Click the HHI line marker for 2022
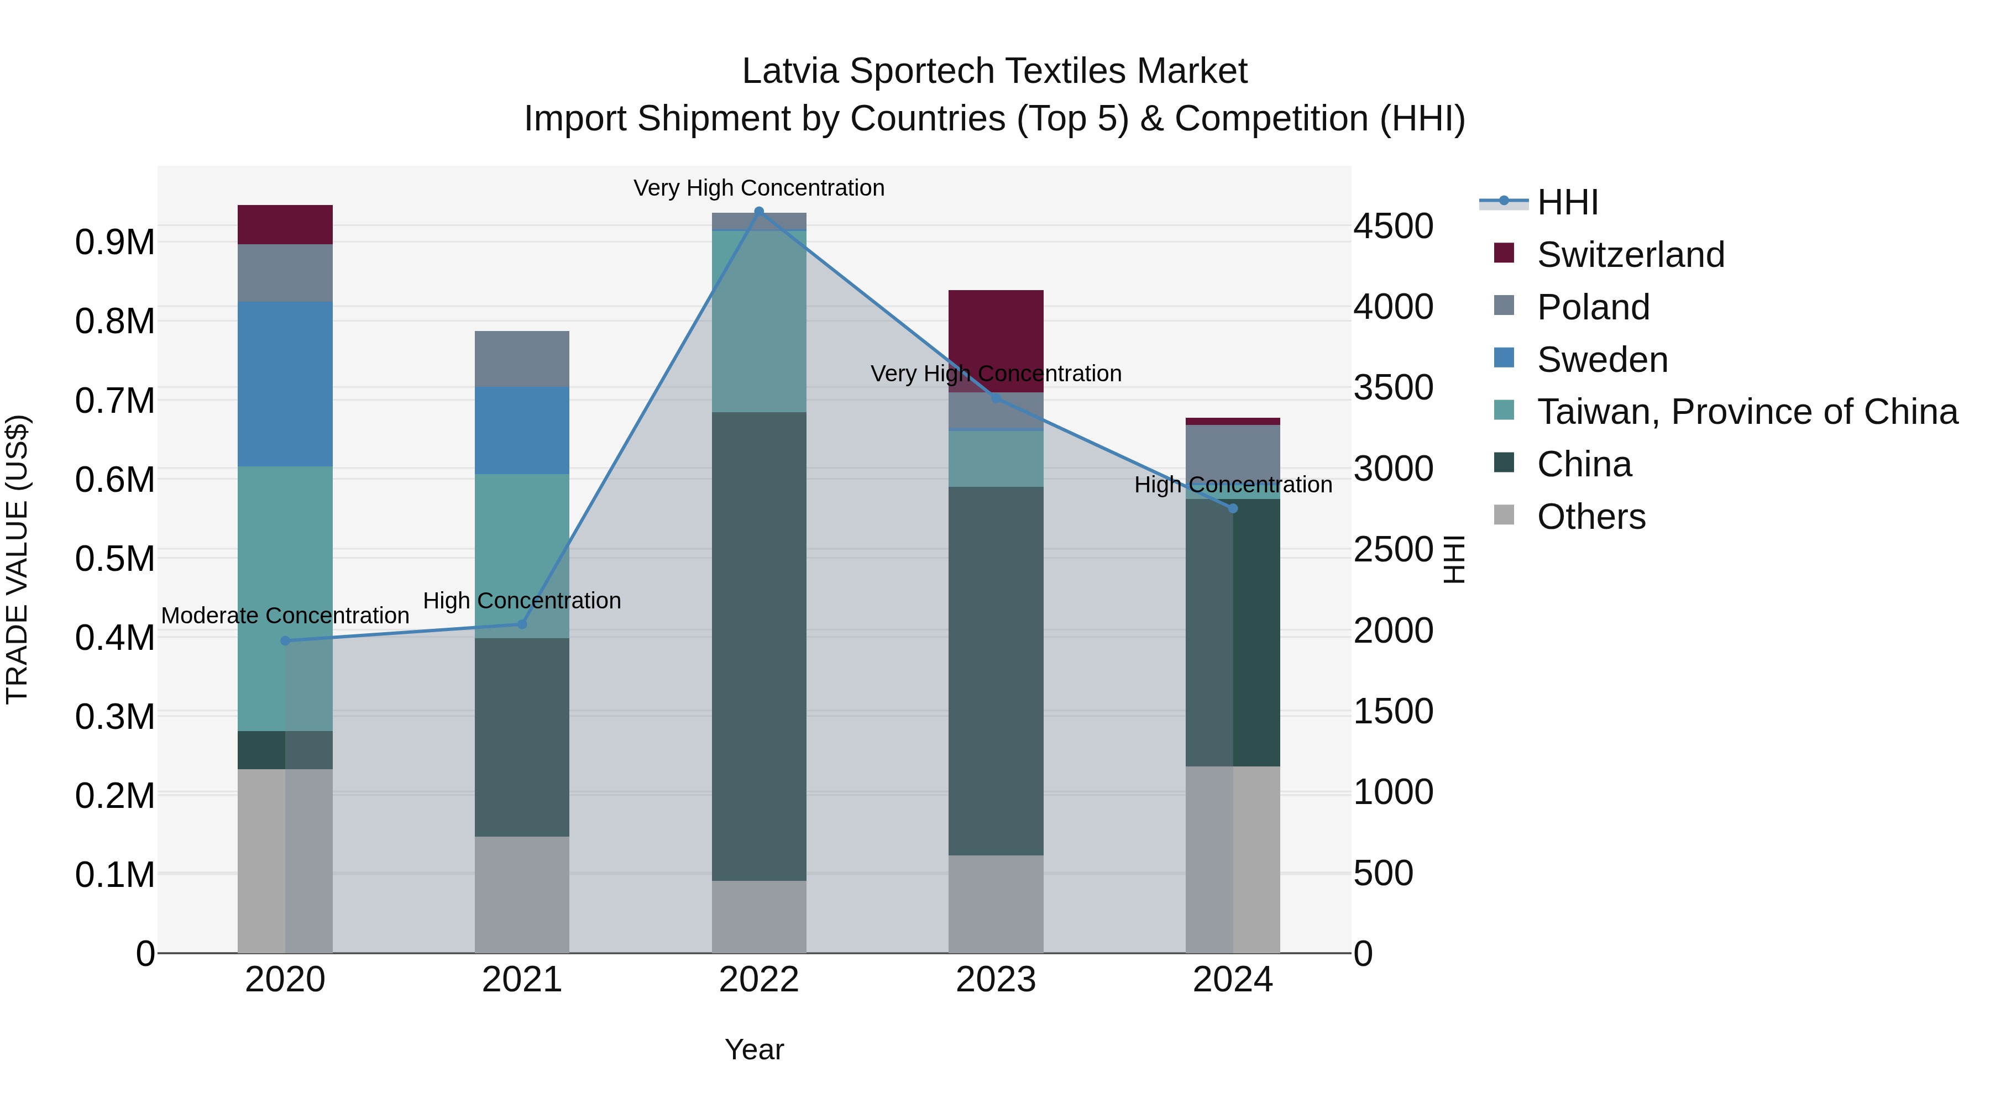point(758,212)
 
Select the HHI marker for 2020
point(285,640)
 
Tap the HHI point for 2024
point(1233,508)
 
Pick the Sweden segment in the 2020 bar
point(285,384)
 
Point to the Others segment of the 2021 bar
point(521,894)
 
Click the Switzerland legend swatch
point(1504,253)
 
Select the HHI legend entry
point(1567,202)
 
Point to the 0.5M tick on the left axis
point(114,558)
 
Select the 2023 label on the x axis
point(995,980)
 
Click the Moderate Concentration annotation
point(285,616)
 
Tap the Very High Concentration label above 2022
point(758,188)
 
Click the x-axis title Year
point(754,1049)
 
